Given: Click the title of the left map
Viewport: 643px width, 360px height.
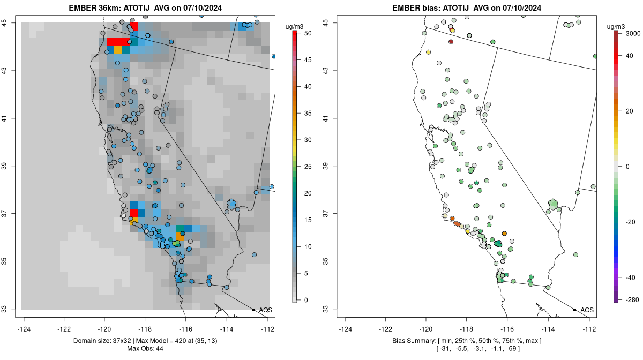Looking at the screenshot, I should point(146,8).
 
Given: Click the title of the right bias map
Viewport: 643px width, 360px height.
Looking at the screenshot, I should point(467,8).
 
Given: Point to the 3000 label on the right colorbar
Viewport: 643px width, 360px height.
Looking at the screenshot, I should point(633,33).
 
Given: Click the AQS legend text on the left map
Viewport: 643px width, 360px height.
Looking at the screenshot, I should point(266,310).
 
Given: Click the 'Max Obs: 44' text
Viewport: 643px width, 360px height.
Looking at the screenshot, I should point(146,349).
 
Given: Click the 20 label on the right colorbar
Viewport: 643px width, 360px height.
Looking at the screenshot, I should point(629,111).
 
